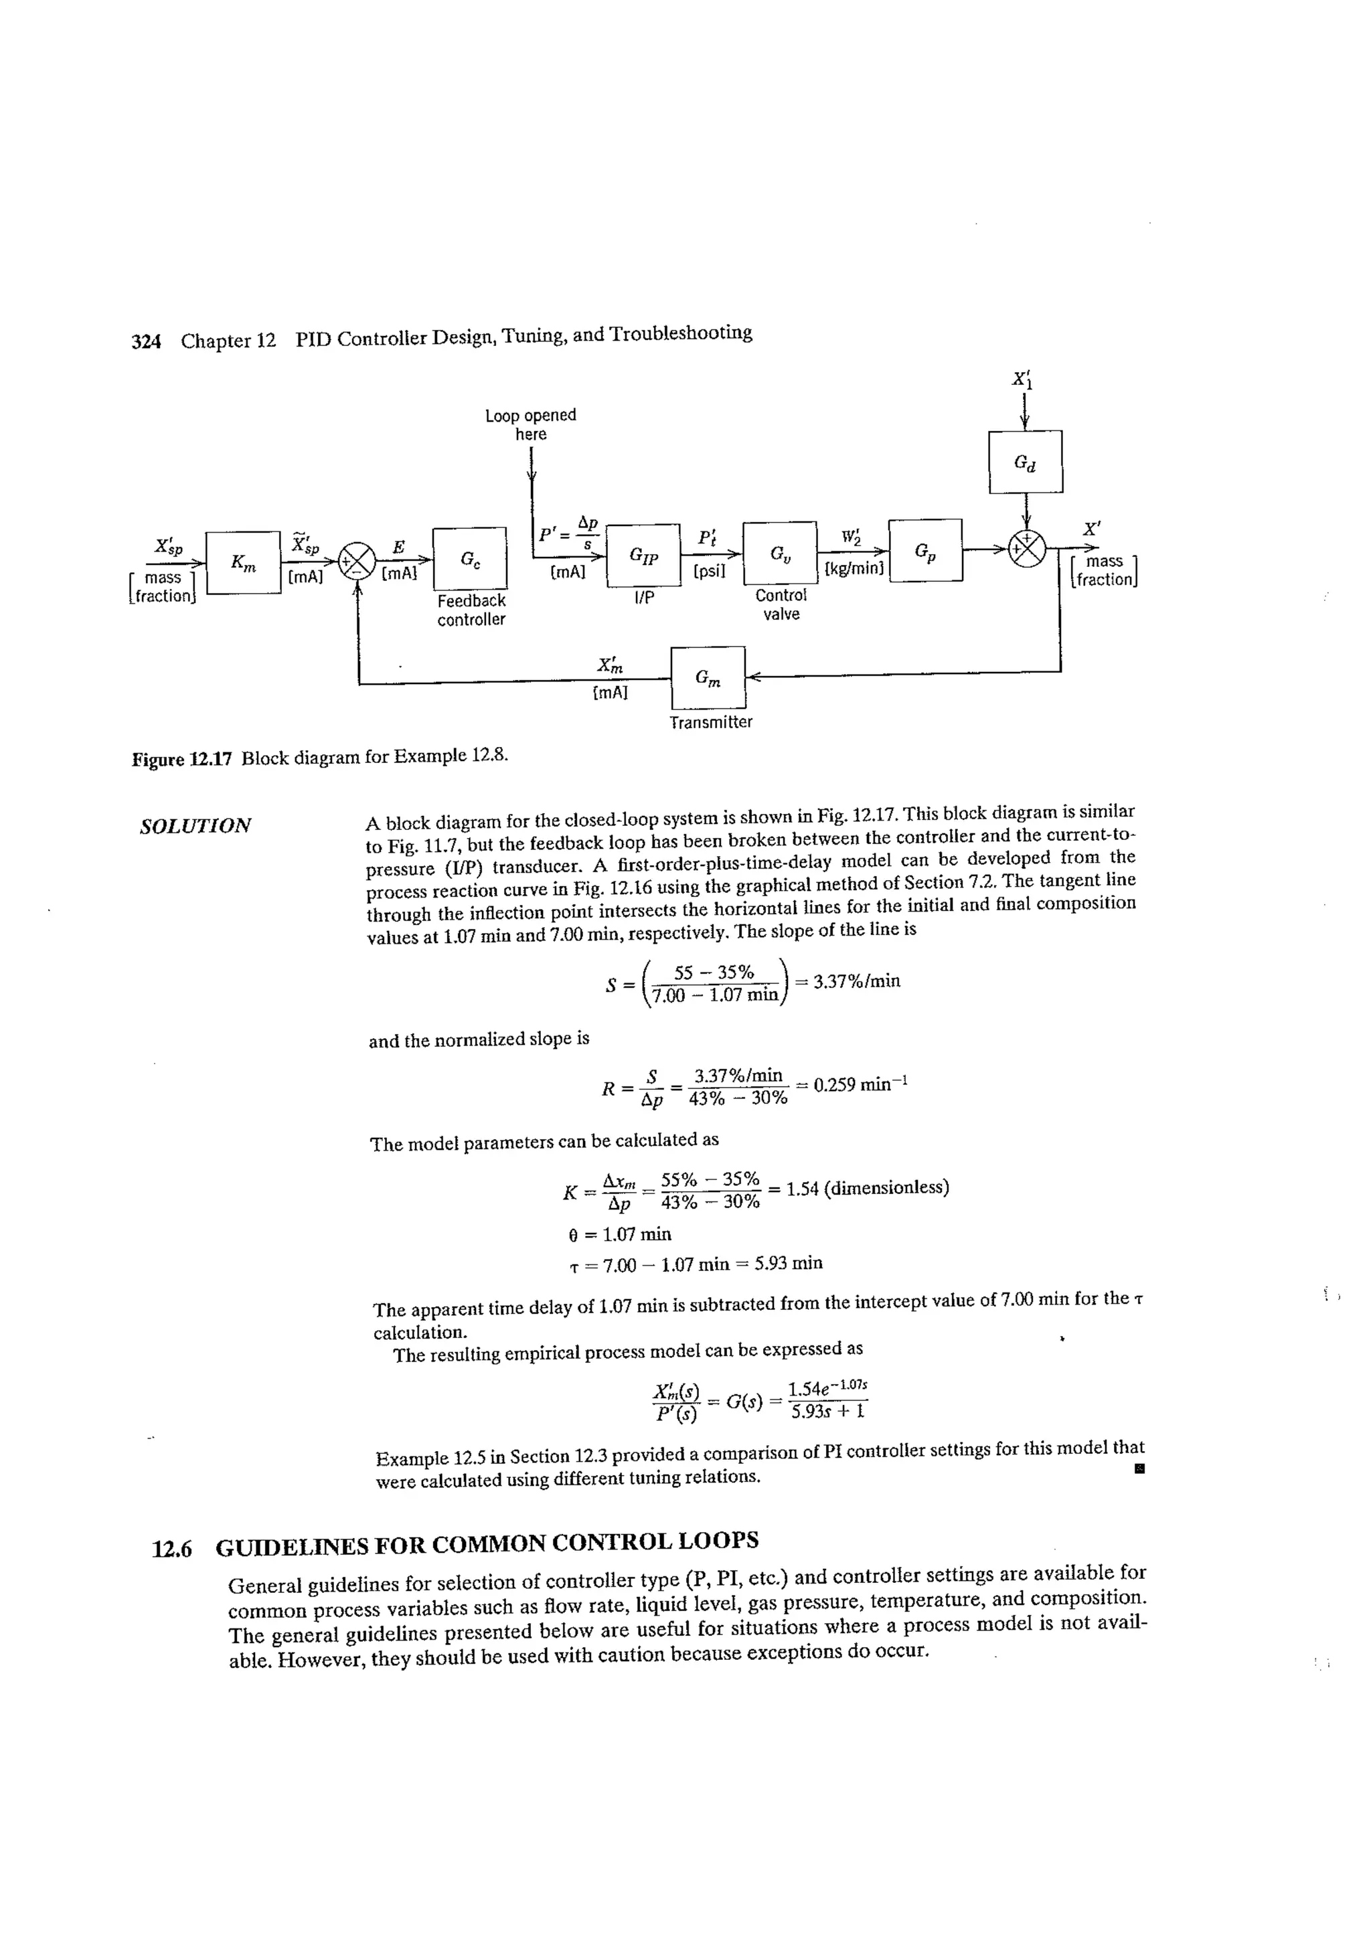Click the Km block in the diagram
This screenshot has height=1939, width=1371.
click(242, 562)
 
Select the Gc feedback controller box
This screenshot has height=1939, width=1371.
click(470, 558)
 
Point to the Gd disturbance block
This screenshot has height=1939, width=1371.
click(1025, 462)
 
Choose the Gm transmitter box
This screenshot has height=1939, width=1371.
click(708, 677)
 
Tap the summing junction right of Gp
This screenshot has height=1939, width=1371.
click(1027, 549)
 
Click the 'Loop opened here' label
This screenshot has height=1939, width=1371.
click(530, 424)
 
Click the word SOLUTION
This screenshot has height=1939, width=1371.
click(195, 826)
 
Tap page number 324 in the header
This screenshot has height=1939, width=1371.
click(146, 341)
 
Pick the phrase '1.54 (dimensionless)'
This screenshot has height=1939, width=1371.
click(868, 1188)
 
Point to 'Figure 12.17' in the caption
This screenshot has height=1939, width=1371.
click(181, 758)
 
